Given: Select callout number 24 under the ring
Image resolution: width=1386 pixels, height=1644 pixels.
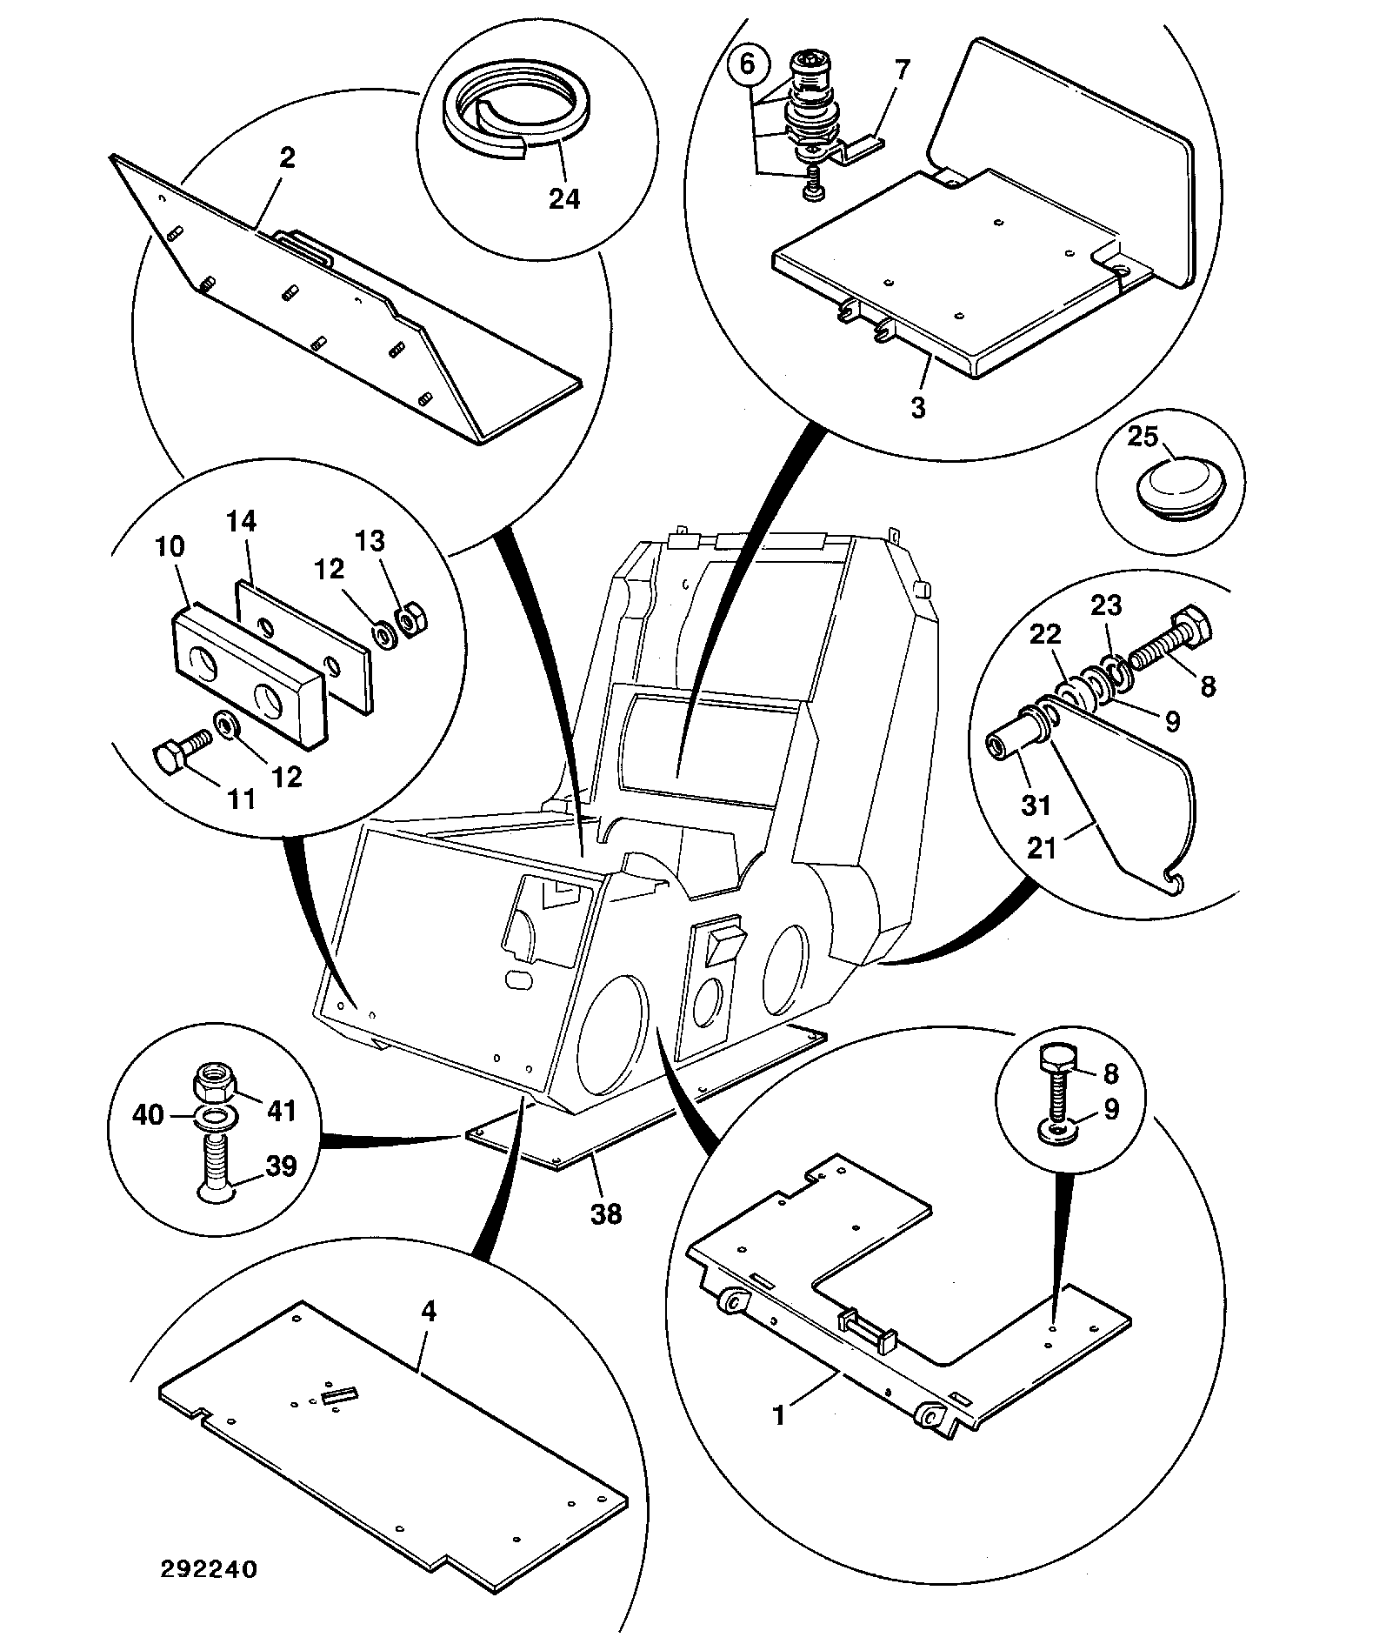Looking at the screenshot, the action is tap(563, 199).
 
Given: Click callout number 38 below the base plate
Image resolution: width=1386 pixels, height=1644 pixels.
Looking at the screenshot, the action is tap(606, 1213).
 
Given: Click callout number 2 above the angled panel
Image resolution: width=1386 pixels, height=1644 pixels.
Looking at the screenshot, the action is tap(287, 157).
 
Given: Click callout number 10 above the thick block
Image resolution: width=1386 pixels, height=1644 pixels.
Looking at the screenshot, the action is tap(170, 546).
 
